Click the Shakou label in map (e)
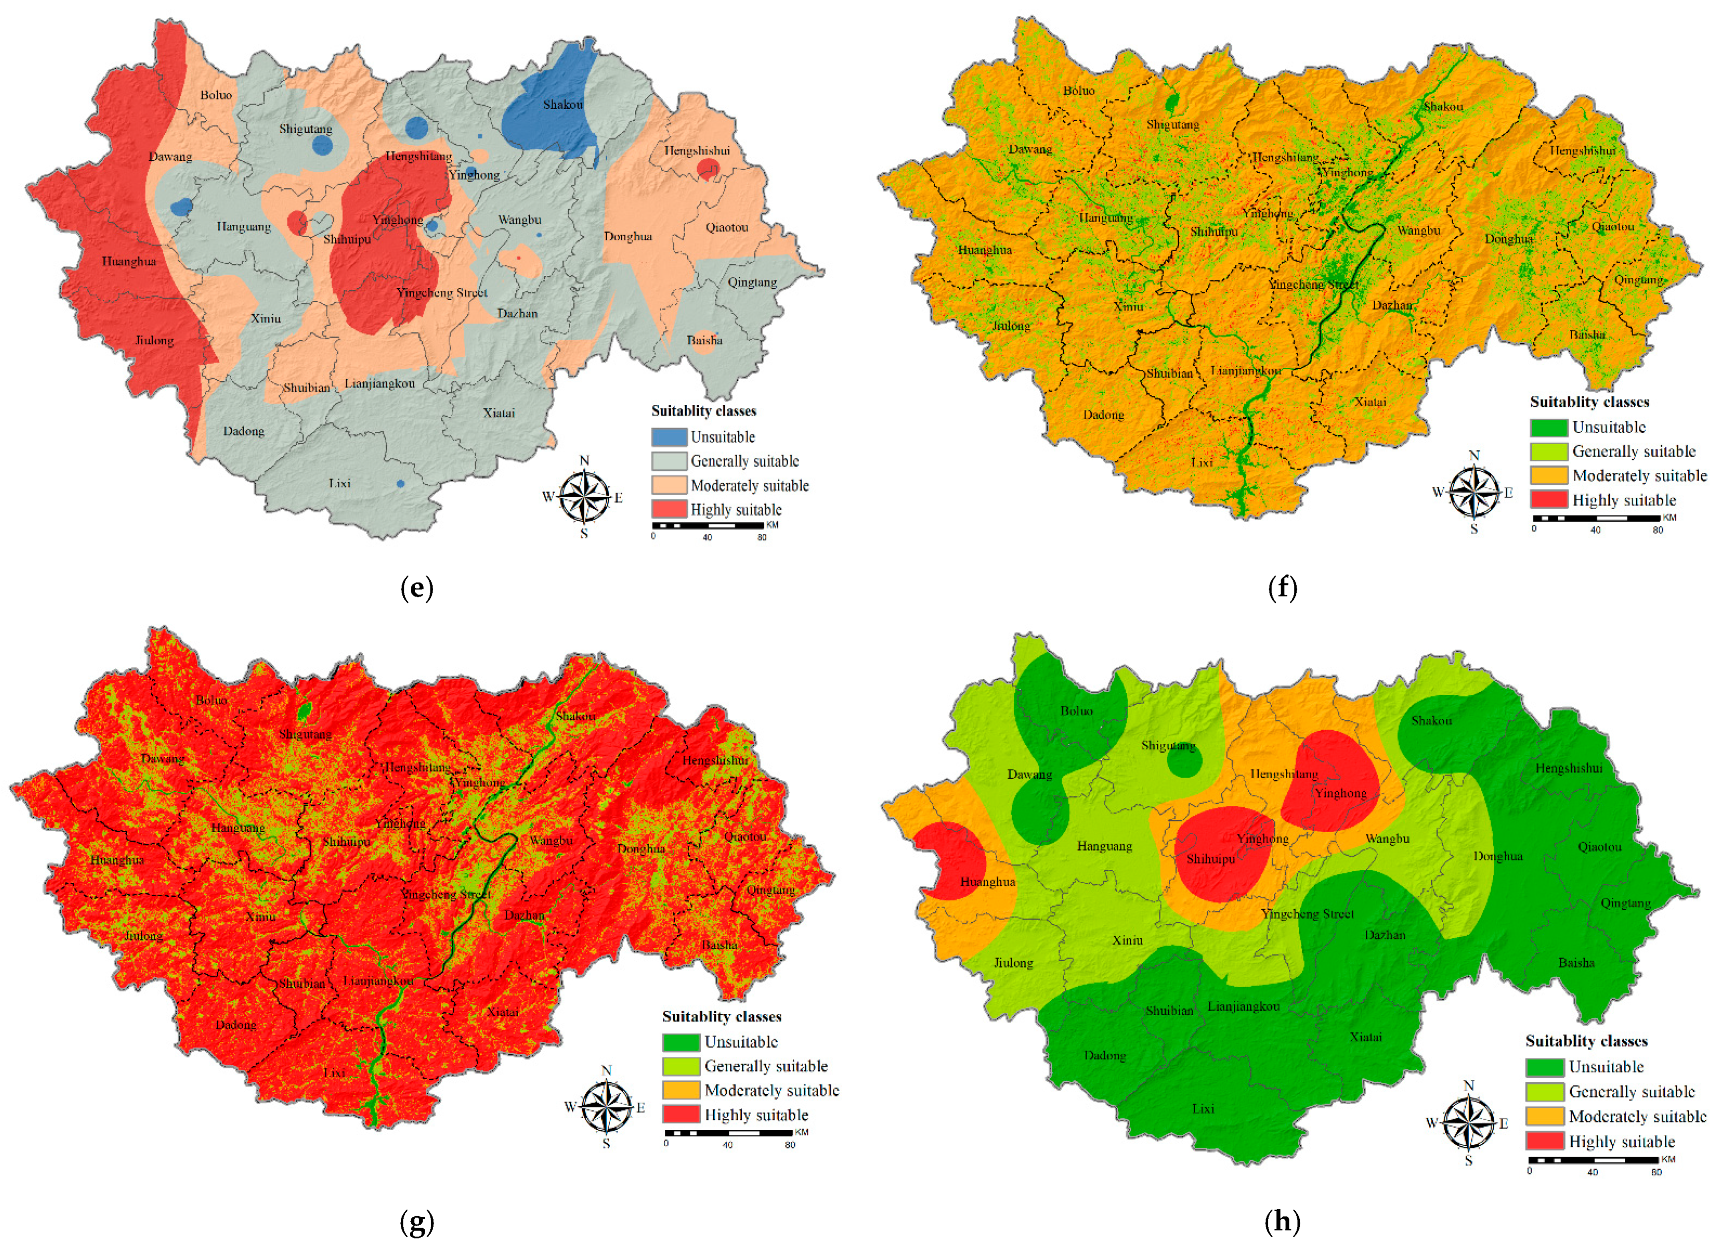tap(562, 105)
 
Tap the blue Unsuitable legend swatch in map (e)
tap(669, 437)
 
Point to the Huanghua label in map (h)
tap(987, 882)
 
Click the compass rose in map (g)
tap(606, 1108)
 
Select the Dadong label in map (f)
tap(1103, 415)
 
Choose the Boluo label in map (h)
tap(1077, 711)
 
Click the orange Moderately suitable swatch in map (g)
tap(680, 1091)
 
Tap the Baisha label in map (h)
tap(1576, 963)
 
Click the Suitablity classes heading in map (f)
tap(1589, 402)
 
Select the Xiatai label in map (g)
tap(503, 1012)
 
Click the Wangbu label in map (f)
tap(1418, 231)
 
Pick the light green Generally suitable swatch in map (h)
tap(1544, 1092)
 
